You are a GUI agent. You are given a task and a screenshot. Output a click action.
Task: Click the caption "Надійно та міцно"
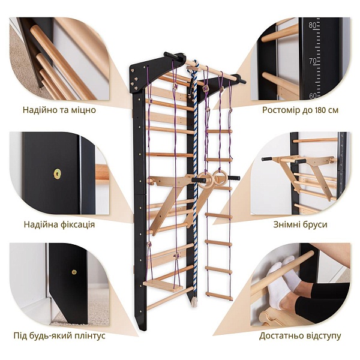click(59, 110)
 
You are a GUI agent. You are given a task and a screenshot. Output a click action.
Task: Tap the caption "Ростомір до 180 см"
click(301, 110)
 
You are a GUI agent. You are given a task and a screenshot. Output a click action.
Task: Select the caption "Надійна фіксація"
click(59, 224)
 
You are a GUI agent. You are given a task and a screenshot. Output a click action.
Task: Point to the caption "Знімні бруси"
click(301, 224)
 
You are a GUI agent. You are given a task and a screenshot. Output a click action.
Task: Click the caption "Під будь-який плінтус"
click(59, 335)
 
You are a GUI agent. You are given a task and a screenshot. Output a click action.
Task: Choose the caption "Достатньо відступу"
click(301, 335)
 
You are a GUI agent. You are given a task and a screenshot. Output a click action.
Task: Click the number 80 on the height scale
click(313, 25)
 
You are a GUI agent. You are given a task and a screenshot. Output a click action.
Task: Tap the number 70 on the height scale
click(313, 61)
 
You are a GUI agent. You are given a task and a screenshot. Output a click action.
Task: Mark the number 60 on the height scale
click(313, 96)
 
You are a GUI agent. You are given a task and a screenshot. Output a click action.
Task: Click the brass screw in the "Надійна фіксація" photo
click(57, 173)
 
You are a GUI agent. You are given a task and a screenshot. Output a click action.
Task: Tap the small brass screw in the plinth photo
click(74, 272)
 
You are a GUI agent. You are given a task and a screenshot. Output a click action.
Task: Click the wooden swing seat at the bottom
click(163, 286)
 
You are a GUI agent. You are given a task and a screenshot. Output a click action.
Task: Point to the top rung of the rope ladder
click(218, 131)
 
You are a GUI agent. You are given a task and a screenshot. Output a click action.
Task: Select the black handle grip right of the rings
click(234, 178)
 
